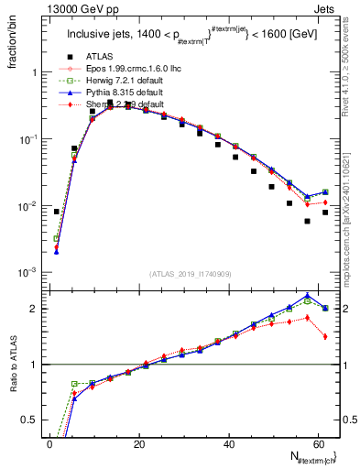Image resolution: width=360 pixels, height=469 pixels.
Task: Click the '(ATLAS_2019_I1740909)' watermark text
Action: (x=191, y=273)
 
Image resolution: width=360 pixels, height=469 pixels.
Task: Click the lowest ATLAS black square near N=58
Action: (x=307, y=222)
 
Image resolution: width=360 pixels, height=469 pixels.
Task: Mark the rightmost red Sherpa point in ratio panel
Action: (x=325, y=336)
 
